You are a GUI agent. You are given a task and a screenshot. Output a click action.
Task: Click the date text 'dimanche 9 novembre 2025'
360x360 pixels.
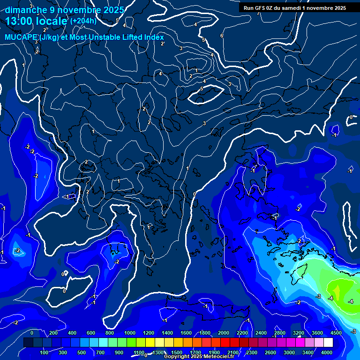point(65,10)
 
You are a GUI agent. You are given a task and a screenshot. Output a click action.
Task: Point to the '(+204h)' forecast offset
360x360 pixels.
point(83,21)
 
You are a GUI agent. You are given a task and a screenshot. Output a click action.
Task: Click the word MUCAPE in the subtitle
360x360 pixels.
point(22,37)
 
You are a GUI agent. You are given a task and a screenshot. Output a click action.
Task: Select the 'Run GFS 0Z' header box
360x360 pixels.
point(294,7)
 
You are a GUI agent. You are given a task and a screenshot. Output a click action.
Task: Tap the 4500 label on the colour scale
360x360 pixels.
point(336,333)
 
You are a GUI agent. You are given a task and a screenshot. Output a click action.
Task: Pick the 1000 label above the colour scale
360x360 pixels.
point(130,333)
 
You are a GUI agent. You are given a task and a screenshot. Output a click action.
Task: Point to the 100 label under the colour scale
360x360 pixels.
point(45,352)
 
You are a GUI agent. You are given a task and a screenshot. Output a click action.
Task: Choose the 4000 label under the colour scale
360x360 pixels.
point(327,352)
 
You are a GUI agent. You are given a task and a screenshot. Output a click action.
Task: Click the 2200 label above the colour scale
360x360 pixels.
point(242,333)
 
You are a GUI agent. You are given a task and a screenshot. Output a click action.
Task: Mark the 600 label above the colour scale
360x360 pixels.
point(91,333)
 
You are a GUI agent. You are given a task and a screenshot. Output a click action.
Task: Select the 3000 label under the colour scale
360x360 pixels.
point(290,352)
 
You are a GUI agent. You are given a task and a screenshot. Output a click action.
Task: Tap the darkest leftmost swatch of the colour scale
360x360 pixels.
point(28,343)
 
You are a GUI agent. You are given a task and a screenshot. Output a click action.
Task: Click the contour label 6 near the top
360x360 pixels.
point(222,36)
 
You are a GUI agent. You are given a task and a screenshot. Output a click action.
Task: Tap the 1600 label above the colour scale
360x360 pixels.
point(186,333)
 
